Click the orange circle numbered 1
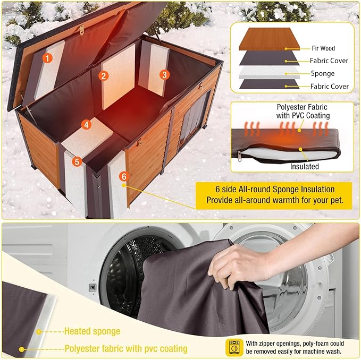[48, 57]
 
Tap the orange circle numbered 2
[104, 75]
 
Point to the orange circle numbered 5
[77, 161]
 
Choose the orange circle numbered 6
[123, 176]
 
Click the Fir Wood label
[323, 48]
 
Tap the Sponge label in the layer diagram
[322, 74]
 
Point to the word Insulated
[305, 166]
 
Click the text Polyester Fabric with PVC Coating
[304, 111]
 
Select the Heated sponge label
[92, 331]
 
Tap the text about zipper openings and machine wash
[298, 347]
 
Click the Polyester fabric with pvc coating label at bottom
[125, 349]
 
